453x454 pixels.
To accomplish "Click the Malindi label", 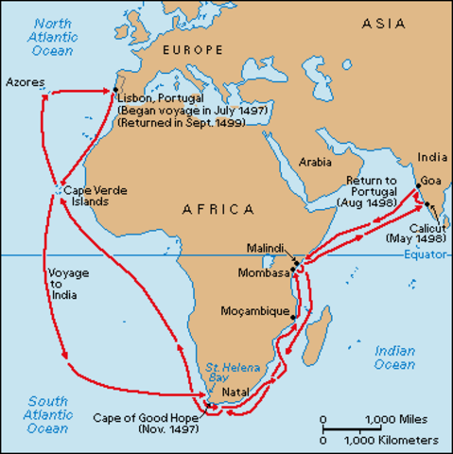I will click(264, 247).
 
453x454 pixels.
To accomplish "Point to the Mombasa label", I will click(267, 273).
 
